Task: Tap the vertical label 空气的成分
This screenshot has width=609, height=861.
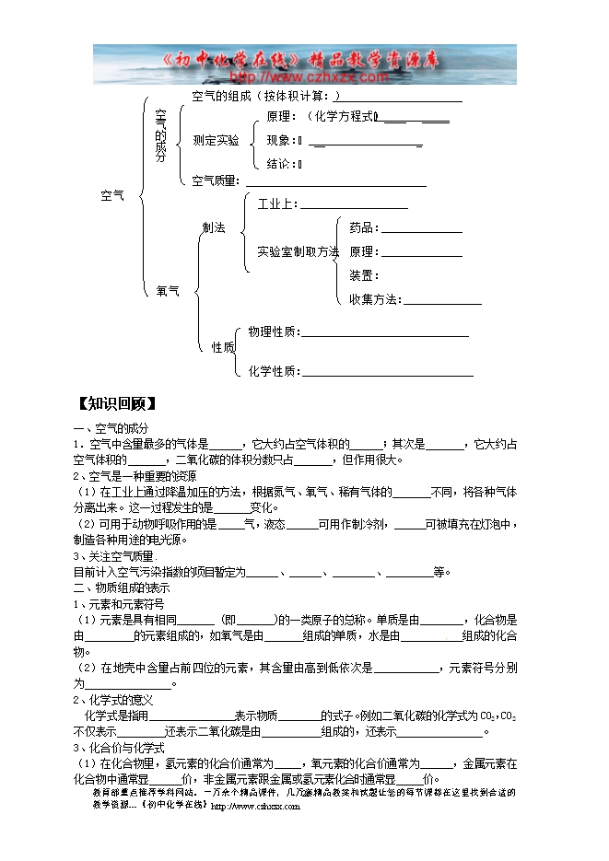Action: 161,135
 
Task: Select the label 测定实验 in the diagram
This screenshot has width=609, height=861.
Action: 216,140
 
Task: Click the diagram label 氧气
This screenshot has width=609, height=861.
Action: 168,291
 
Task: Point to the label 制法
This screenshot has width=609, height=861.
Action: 214,227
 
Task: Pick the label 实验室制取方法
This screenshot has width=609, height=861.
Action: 298,251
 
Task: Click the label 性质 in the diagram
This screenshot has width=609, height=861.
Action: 223,347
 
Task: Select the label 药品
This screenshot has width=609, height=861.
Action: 363,227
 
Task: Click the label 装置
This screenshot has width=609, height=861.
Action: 363,275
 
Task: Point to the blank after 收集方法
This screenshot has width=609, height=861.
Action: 442,299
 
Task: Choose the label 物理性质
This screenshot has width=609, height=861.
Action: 273,332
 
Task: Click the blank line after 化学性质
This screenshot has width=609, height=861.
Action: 388,372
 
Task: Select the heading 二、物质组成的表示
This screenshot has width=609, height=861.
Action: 122,588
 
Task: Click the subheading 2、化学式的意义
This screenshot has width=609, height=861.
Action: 107,700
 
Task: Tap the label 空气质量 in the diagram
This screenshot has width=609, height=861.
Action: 215,180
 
